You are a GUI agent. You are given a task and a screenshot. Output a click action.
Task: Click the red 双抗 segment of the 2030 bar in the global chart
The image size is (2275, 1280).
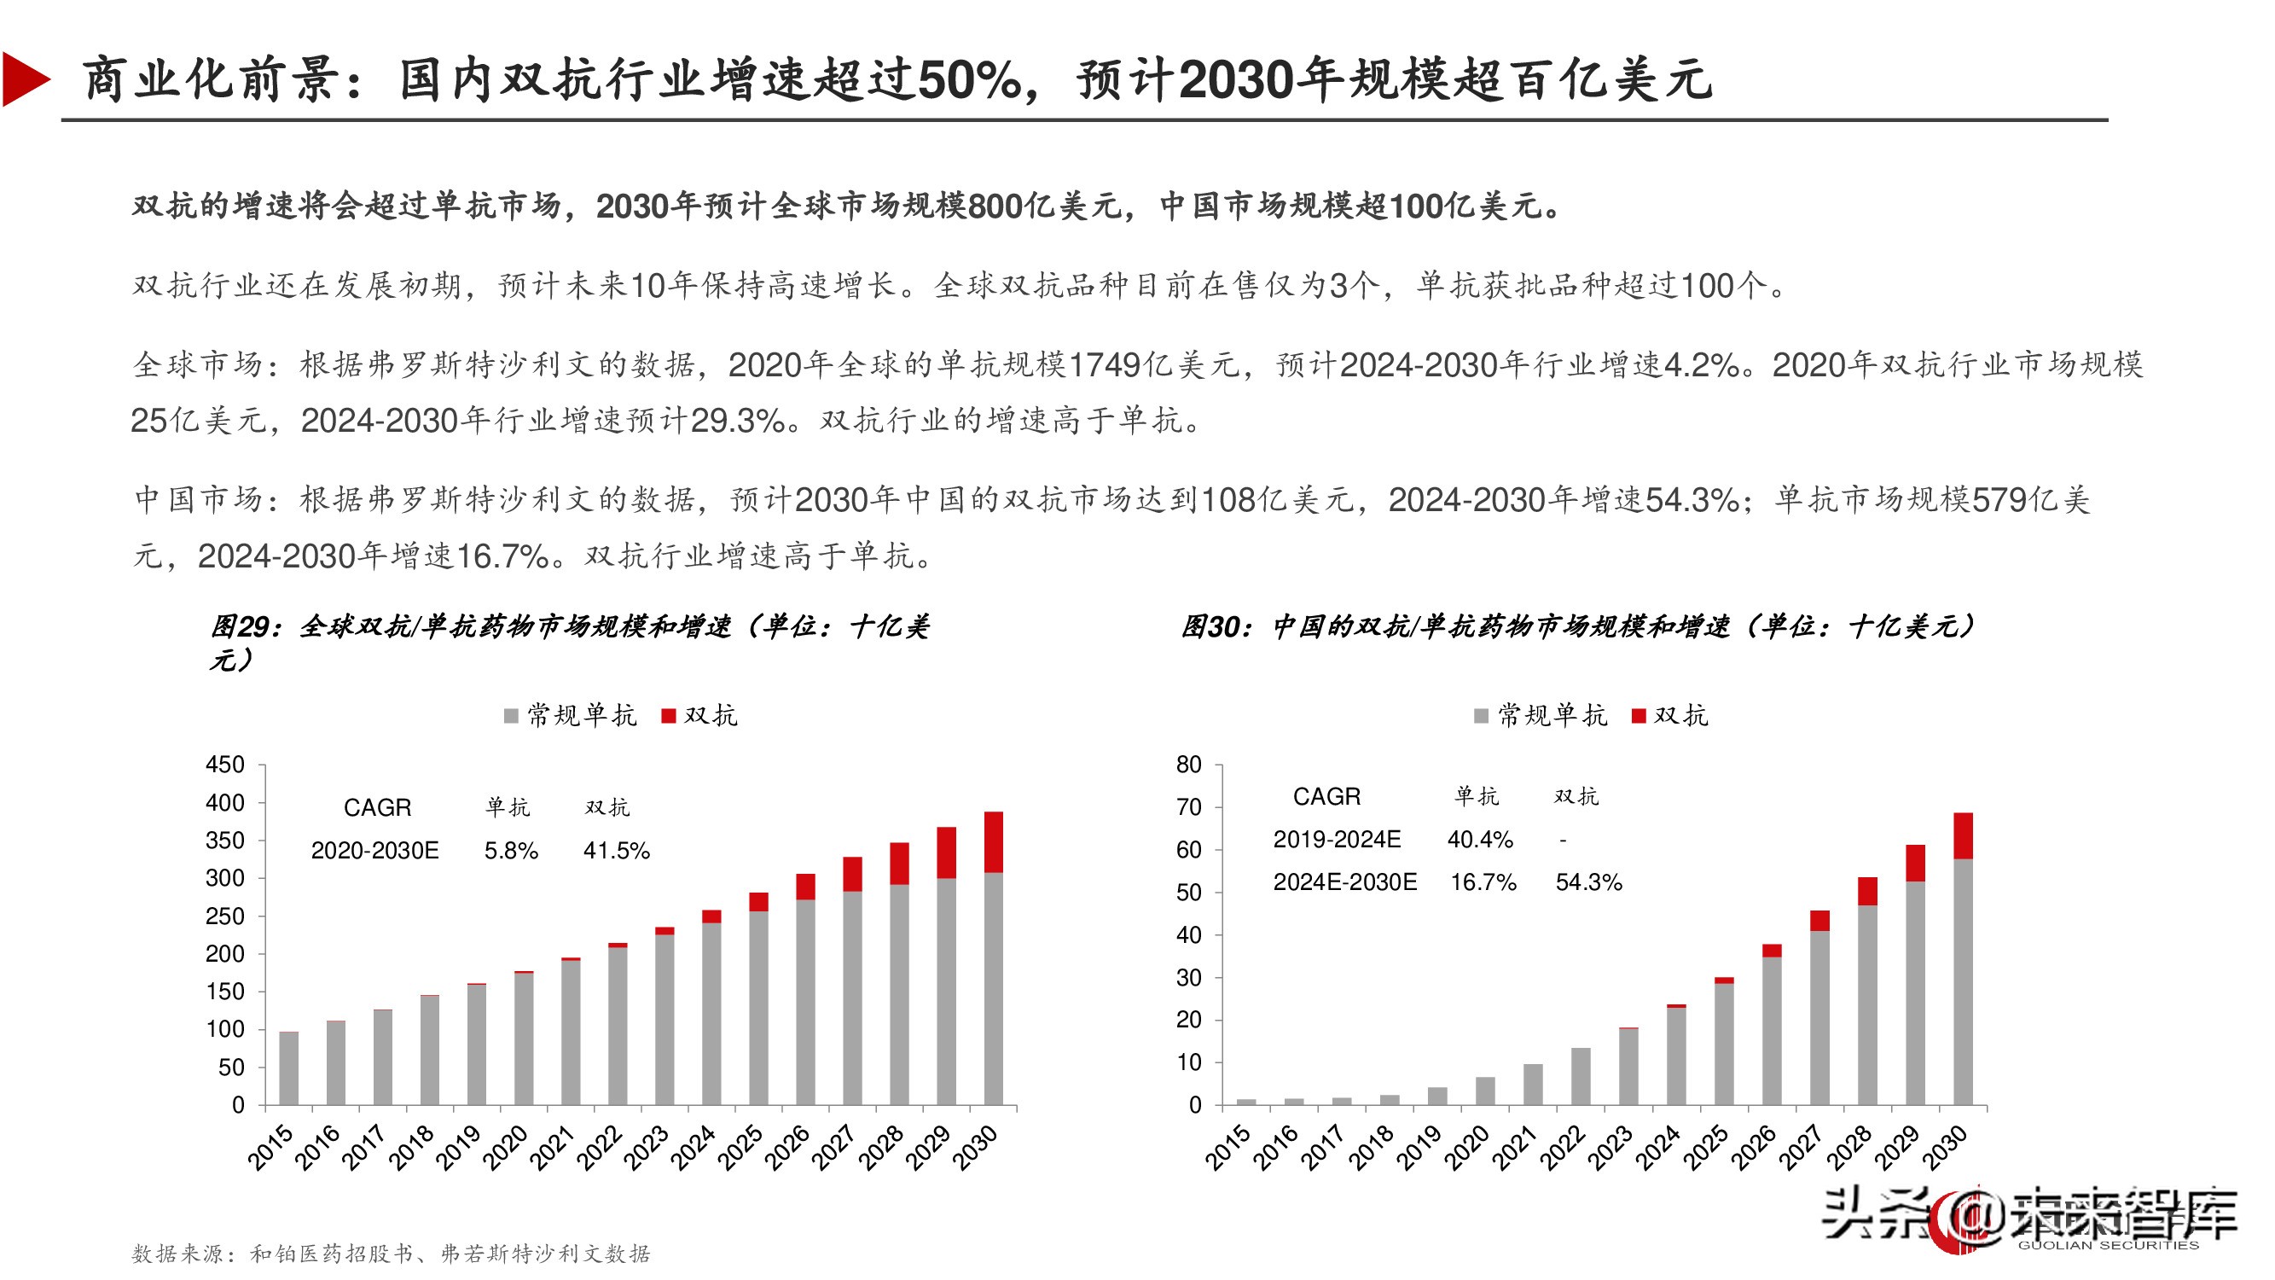point(993,841)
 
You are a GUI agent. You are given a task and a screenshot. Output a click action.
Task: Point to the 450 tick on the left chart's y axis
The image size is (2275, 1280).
point(224,765)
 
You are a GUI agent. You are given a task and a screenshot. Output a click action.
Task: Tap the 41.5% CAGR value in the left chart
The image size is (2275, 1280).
point(616,851)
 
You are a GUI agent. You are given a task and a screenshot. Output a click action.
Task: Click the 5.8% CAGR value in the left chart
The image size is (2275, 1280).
point(510,851)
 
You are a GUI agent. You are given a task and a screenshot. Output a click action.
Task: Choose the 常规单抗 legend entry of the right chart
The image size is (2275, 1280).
point(1541,716)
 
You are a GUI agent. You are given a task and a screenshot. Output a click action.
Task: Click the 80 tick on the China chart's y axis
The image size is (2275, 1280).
point(1188,765)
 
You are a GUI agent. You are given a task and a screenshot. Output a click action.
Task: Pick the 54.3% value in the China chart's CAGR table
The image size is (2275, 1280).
point(1588,882)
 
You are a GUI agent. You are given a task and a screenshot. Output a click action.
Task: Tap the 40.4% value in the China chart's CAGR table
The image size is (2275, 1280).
point(1479,839)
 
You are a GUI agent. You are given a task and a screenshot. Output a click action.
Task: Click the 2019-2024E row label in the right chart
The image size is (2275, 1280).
point(1336,839)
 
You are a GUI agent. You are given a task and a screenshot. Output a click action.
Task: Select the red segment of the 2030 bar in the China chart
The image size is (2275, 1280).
point(1962,835)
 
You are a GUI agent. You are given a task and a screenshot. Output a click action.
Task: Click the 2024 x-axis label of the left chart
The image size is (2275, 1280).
point(694,1148)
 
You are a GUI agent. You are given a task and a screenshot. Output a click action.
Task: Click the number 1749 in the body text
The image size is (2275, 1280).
point(1104,365)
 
